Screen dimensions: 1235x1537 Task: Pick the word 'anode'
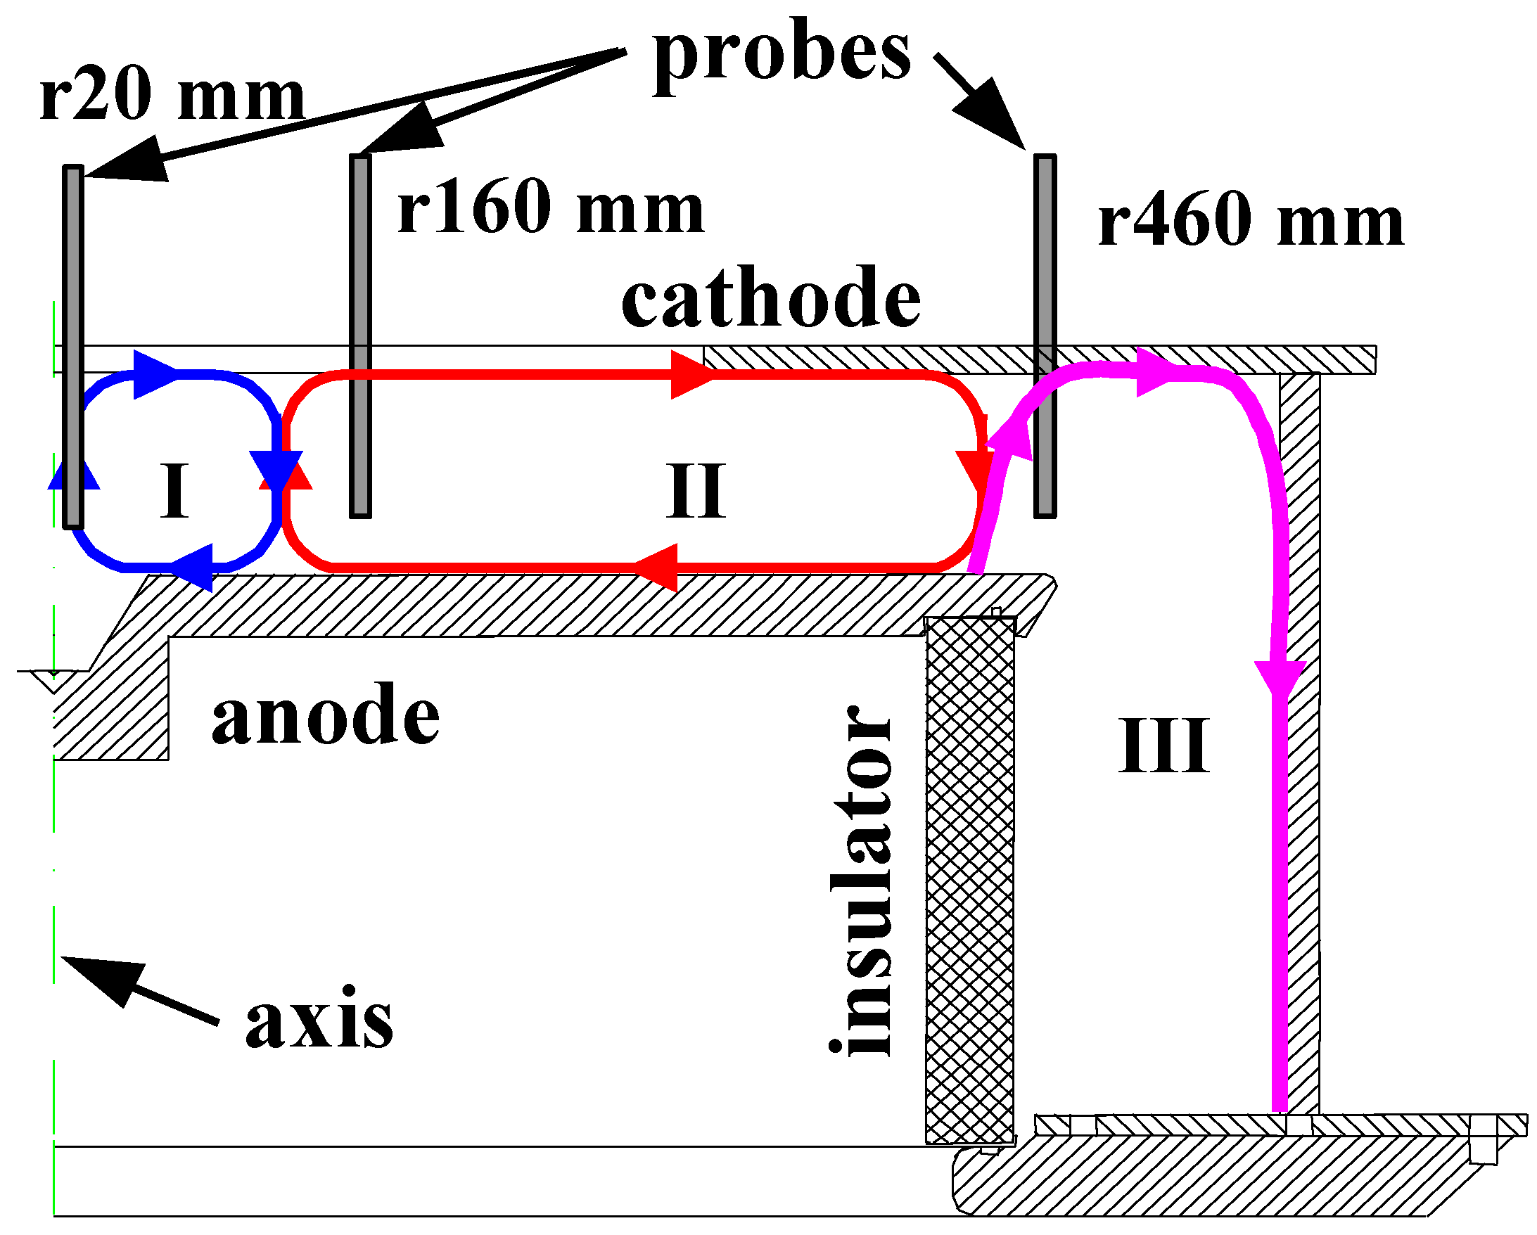[x=325, y=715]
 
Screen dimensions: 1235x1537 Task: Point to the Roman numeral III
[x=1163, y=746]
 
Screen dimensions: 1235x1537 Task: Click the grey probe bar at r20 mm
[x=73, y=346]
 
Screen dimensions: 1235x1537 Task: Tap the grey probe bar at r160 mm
[x=360, y=335]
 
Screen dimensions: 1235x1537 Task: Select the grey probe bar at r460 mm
[x=1045, y=335]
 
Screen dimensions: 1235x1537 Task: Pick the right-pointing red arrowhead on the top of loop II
[x=690, y=374]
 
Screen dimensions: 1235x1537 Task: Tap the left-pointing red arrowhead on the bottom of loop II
[x=657, y=568]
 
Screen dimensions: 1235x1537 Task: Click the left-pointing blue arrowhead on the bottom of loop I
[x=195, y=567]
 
